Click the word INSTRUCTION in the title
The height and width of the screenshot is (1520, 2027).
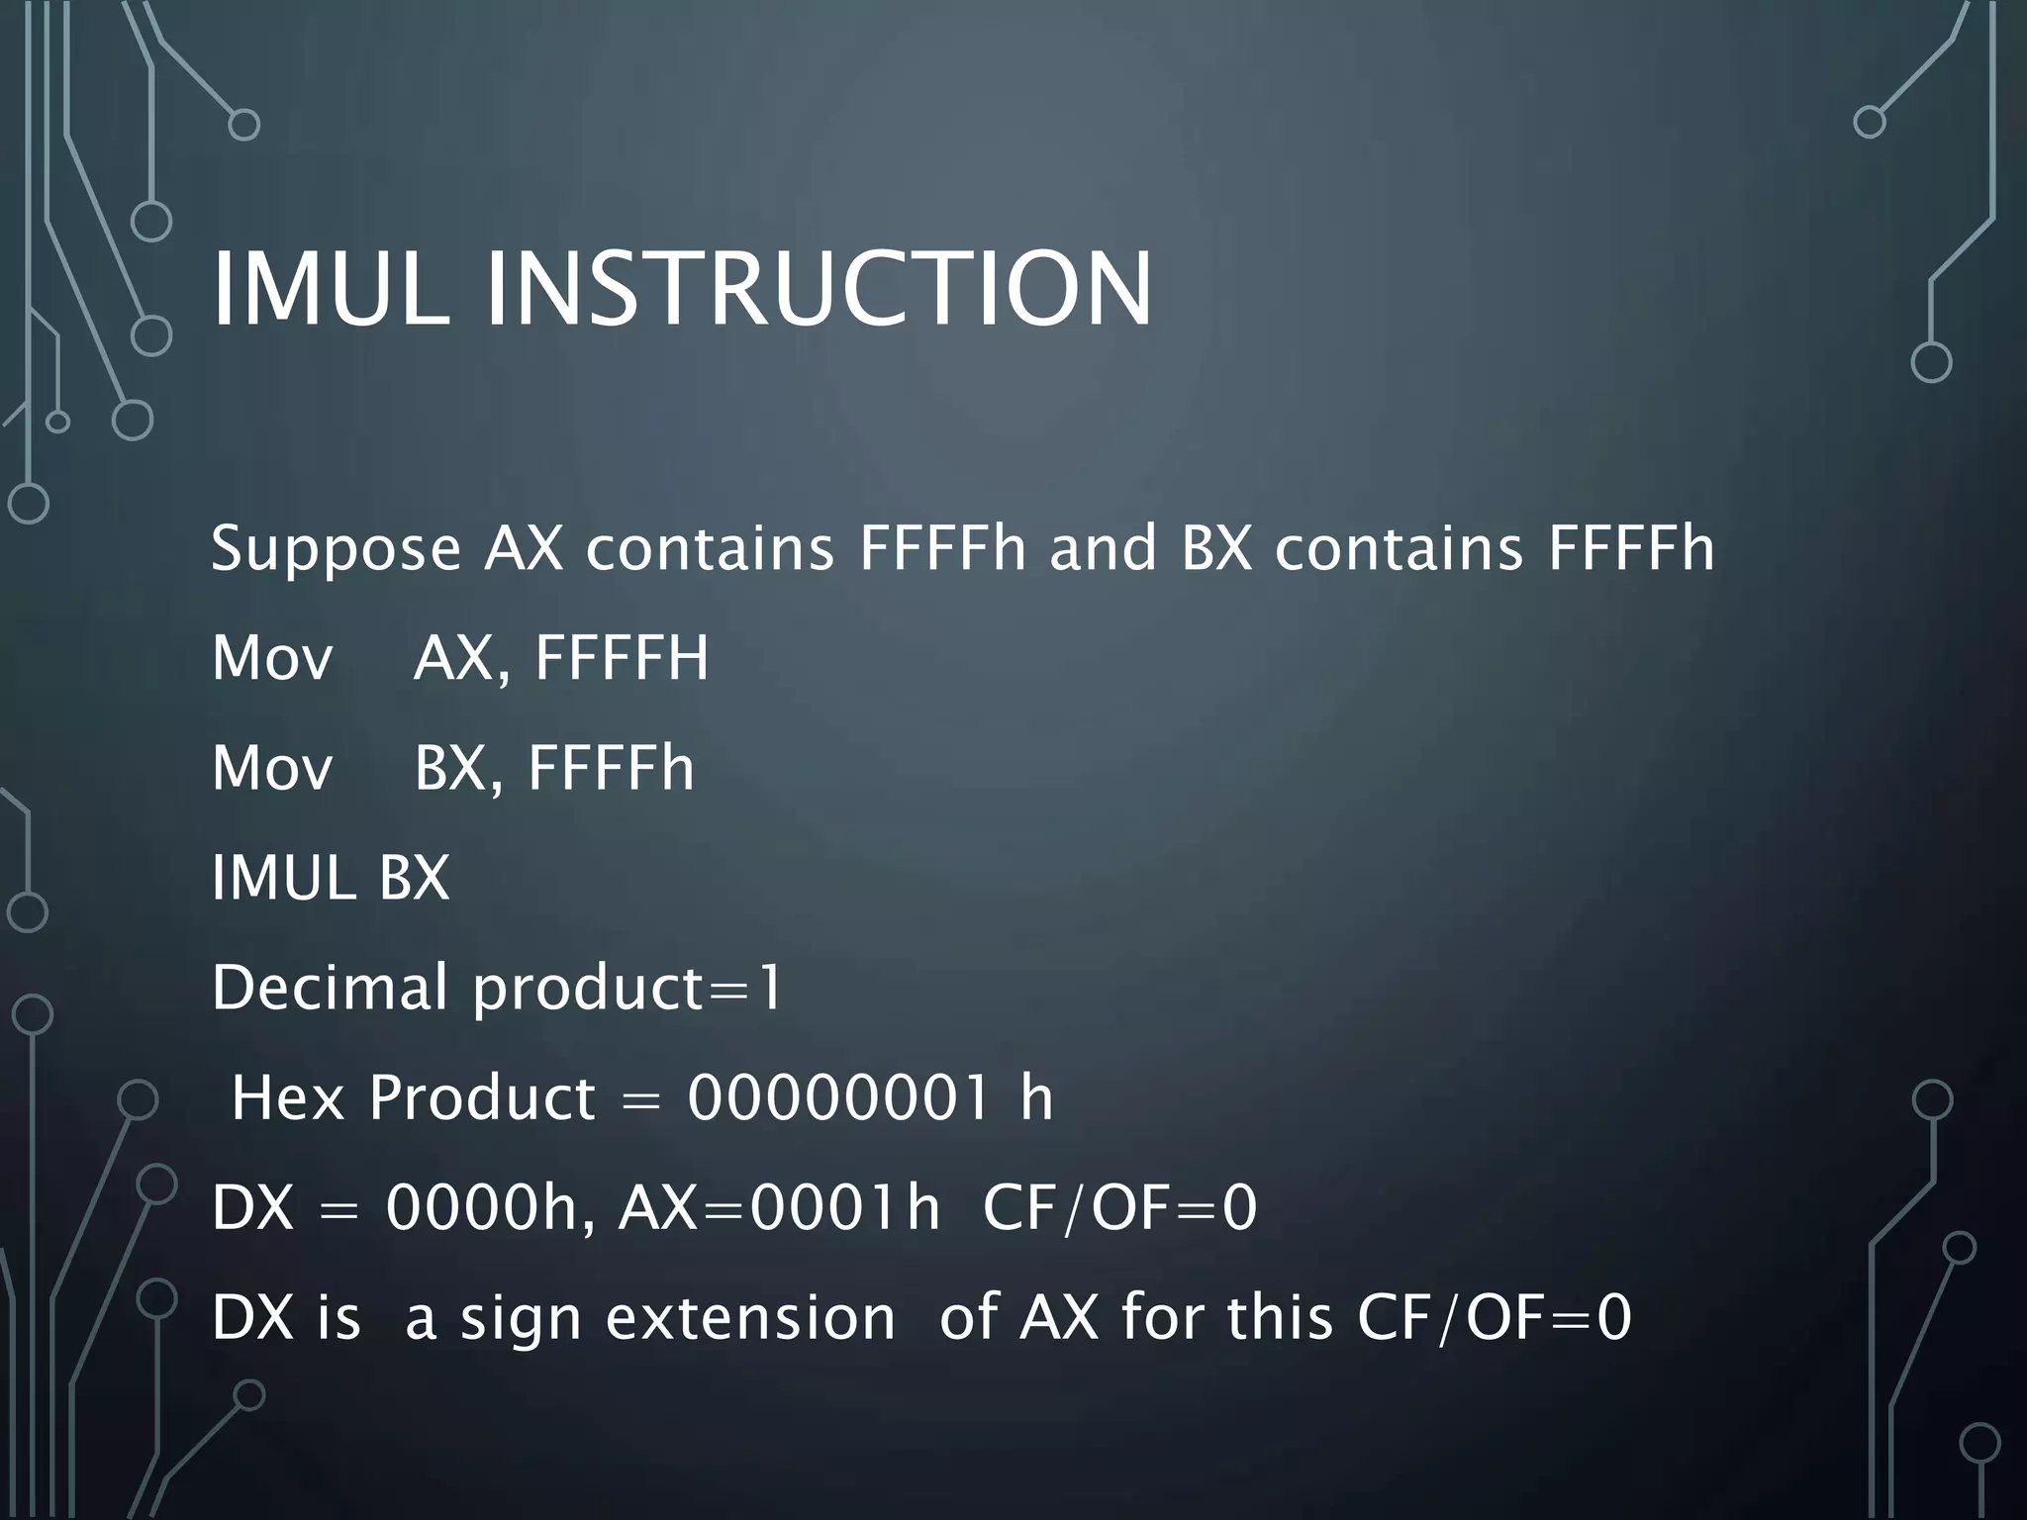tap(819, 289)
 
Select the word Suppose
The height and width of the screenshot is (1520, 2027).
tap(336, 549)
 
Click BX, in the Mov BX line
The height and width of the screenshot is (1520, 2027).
tap(459, 768)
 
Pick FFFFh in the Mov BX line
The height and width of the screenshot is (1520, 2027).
tap(611, 768)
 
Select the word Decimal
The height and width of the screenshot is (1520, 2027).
tap(330, 988)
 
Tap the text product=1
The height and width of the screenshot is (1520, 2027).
tap(627, 990)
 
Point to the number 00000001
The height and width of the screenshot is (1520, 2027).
tap(837, 1098)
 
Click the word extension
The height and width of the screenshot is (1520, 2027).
tap(750, 1318)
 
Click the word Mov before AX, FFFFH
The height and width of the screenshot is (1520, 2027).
tap(272, 658)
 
